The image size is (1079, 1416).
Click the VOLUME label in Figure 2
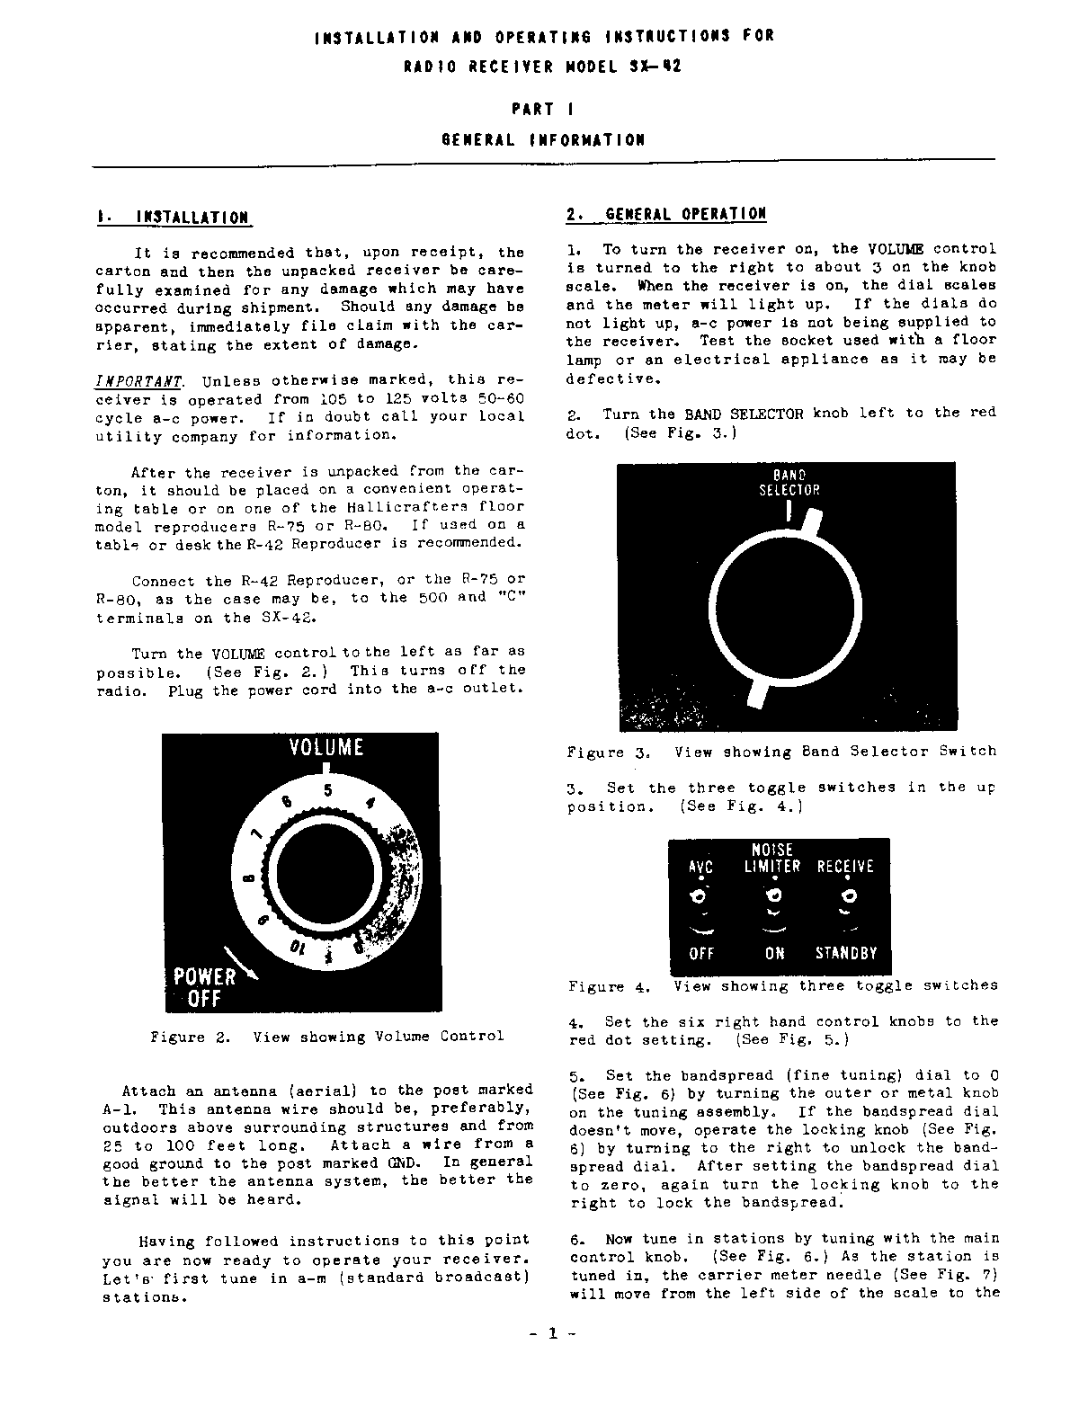(x=325, y=747)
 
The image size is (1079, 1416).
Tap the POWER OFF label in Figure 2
(x=204, y=987)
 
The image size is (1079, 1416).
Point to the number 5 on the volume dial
(x=328, y=791)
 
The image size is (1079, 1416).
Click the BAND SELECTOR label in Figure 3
(x=789, y=483)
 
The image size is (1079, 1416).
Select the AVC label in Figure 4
(x=700, y=867)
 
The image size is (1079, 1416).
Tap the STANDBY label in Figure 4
(x=845, y=953)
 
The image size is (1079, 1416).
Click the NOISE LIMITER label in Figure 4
(x=771, y=858)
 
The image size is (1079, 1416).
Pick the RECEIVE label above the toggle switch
(x=844, y=867)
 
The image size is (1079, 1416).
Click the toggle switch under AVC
(x=699, y=896)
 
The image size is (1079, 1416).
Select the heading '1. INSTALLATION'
(x=173, y=218)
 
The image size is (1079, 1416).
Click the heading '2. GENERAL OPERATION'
(x=666, y=214)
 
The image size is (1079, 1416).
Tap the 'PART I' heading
(x=543, y=110)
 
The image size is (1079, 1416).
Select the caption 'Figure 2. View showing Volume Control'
(x=327, y=1037)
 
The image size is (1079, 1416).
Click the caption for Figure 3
(x=781, y=752)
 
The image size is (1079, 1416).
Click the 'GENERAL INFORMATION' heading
(x=543, y=139)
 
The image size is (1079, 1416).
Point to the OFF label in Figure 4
(x=700, y=953)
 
